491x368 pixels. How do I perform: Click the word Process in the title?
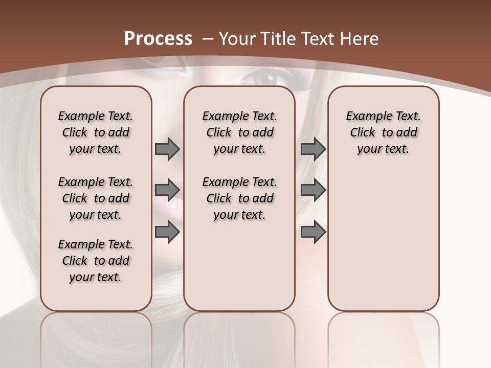pyautogui.click(x=158, y=39)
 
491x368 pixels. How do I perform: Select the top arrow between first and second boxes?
pyautogui.click(x=167, y=149)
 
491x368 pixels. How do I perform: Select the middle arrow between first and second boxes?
pyautogui.click(x=167, y=190)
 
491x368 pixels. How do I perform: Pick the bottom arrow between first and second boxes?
pyautogui.click(x=167, y=233)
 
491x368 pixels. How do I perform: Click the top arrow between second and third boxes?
pyautogui.click(x=313, y=149)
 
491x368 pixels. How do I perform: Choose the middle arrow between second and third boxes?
pyautogui.click(x=313, y=190)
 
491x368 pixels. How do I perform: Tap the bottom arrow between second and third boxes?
pyautogui.click(x=313, y=233)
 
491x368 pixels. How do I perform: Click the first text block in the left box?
pyautogui.click(x=96, y=132)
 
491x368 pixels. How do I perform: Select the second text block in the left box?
pyautogui.click(x=96, y=198)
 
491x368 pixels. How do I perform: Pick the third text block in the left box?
pyautogui.click(x=96, y=261)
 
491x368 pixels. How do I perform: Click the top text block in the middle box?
pyautogui.click(x=239, y=132)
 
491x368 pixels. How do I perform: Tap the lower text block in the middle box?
pyautogui.click(x=239, y=198)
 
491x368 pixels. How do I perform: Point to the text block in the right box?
pyautogui.click(x=383, y=132)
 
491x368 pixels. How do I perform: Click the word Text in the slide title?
pyautogui.click(x=315, y=39)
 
